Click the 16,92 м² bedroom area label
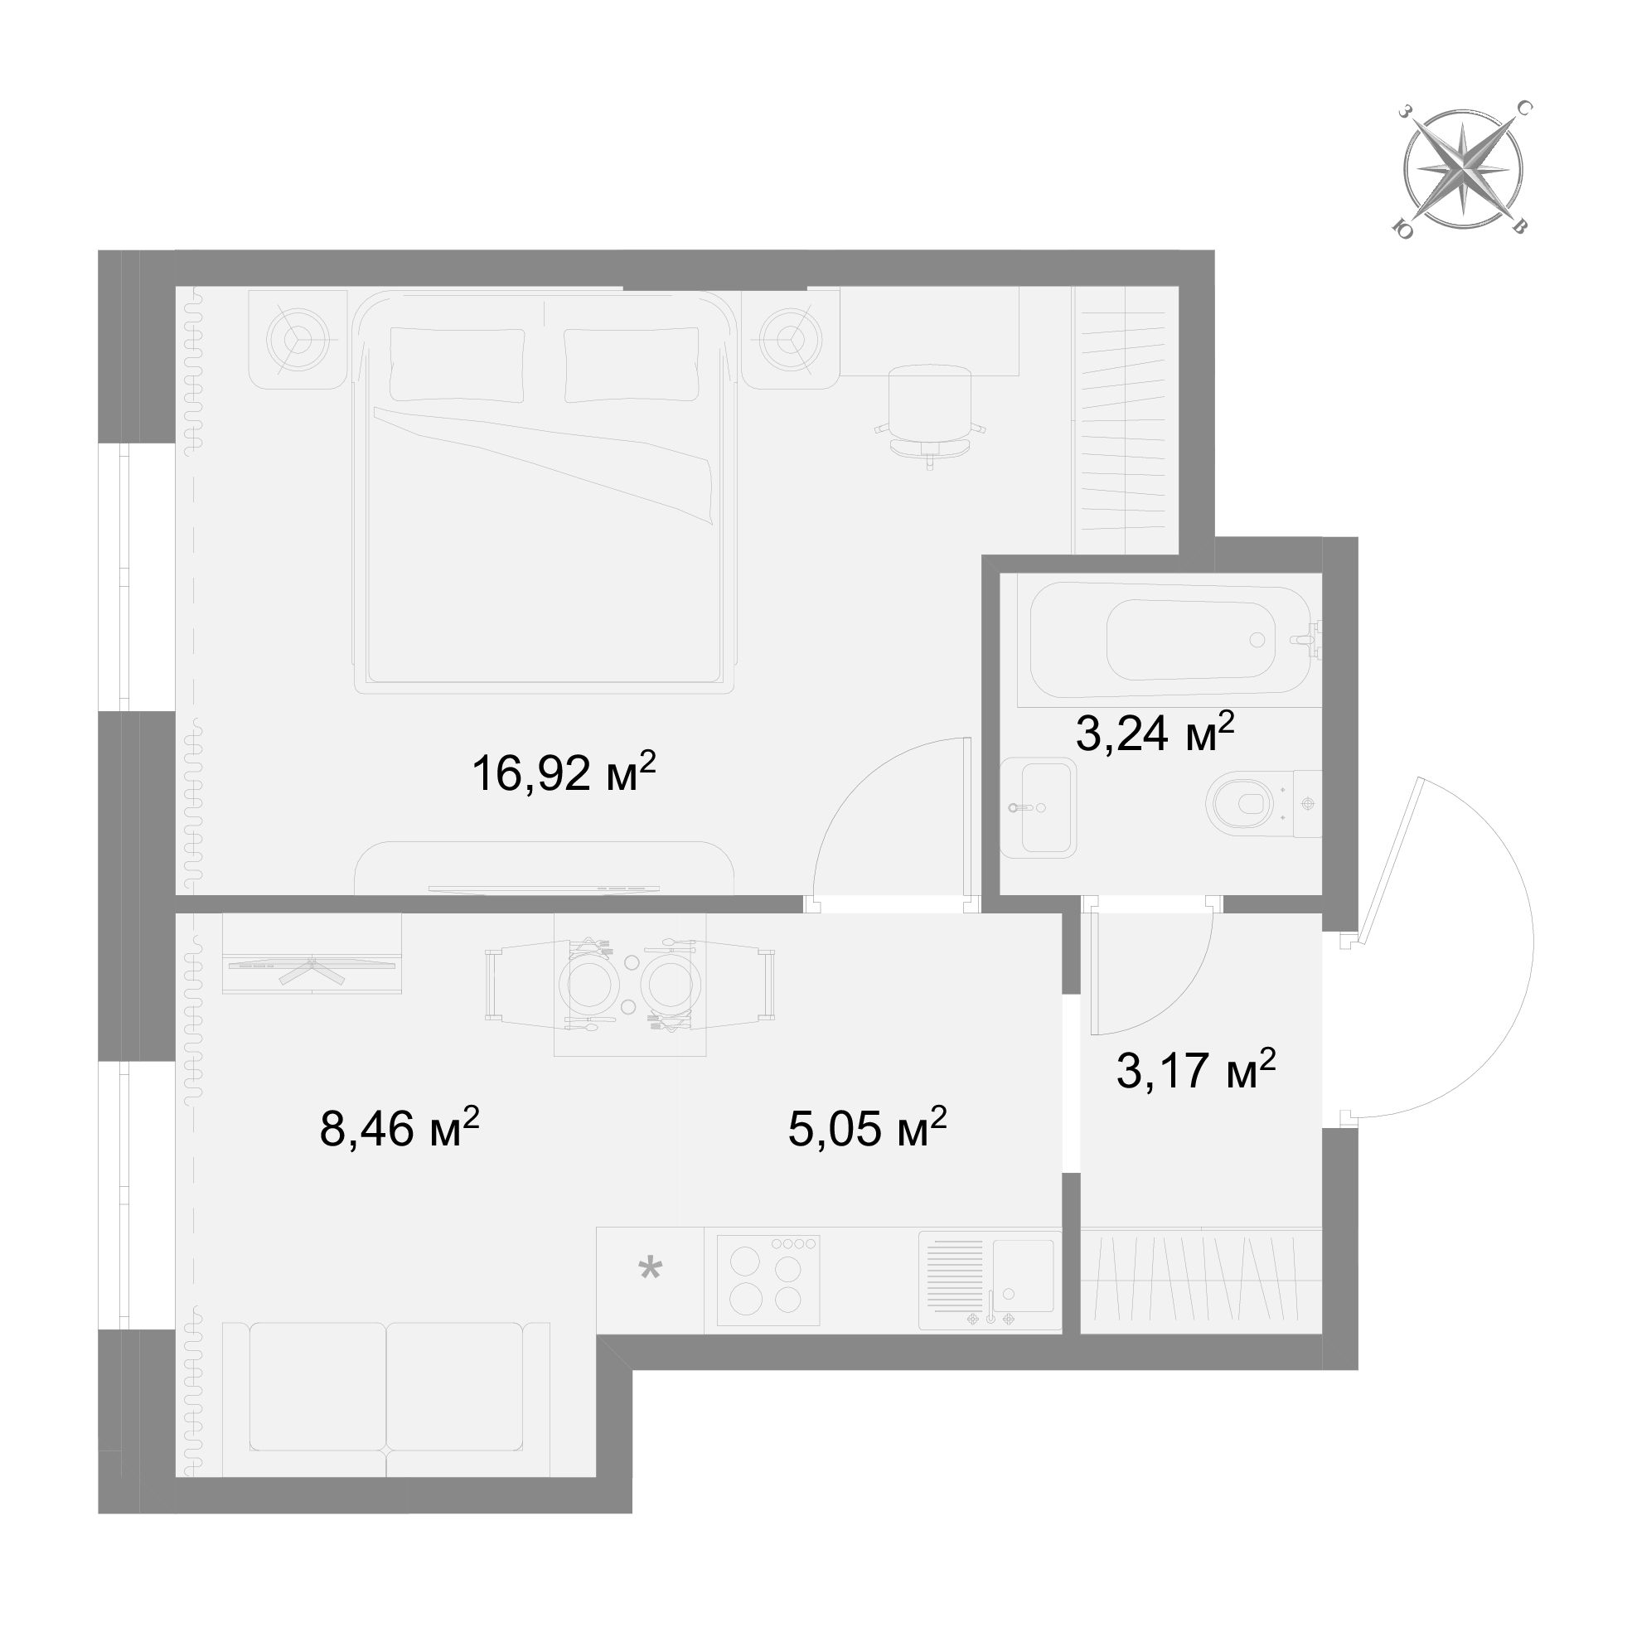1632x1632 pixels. (x=564, y=772)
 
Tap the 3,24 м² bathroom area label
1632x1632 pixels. (x=1155, y=731)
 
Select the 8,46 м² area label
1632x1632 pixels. (x=400, y=1127)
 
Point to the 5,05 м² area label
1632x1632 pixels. (x=868, y=1127)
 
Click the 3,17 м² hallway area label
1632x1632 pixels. (x=1195, y=1068)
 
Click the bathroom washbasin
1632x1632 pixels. (x=1039, y=807)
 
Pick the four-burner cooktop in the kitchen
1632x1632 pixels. (x=768, y=1281)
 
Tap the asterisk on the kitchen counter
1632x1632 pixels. (x=650, y=1268)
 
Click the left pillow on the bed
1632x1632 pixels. (x=456, y=365)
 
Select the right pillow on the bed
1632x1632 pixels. (x=631, y=365)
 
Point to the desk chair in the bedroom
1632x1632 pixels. (x=929, y=414)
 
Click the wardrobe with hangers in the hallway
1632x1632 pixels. (x=1200, y=1281)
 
